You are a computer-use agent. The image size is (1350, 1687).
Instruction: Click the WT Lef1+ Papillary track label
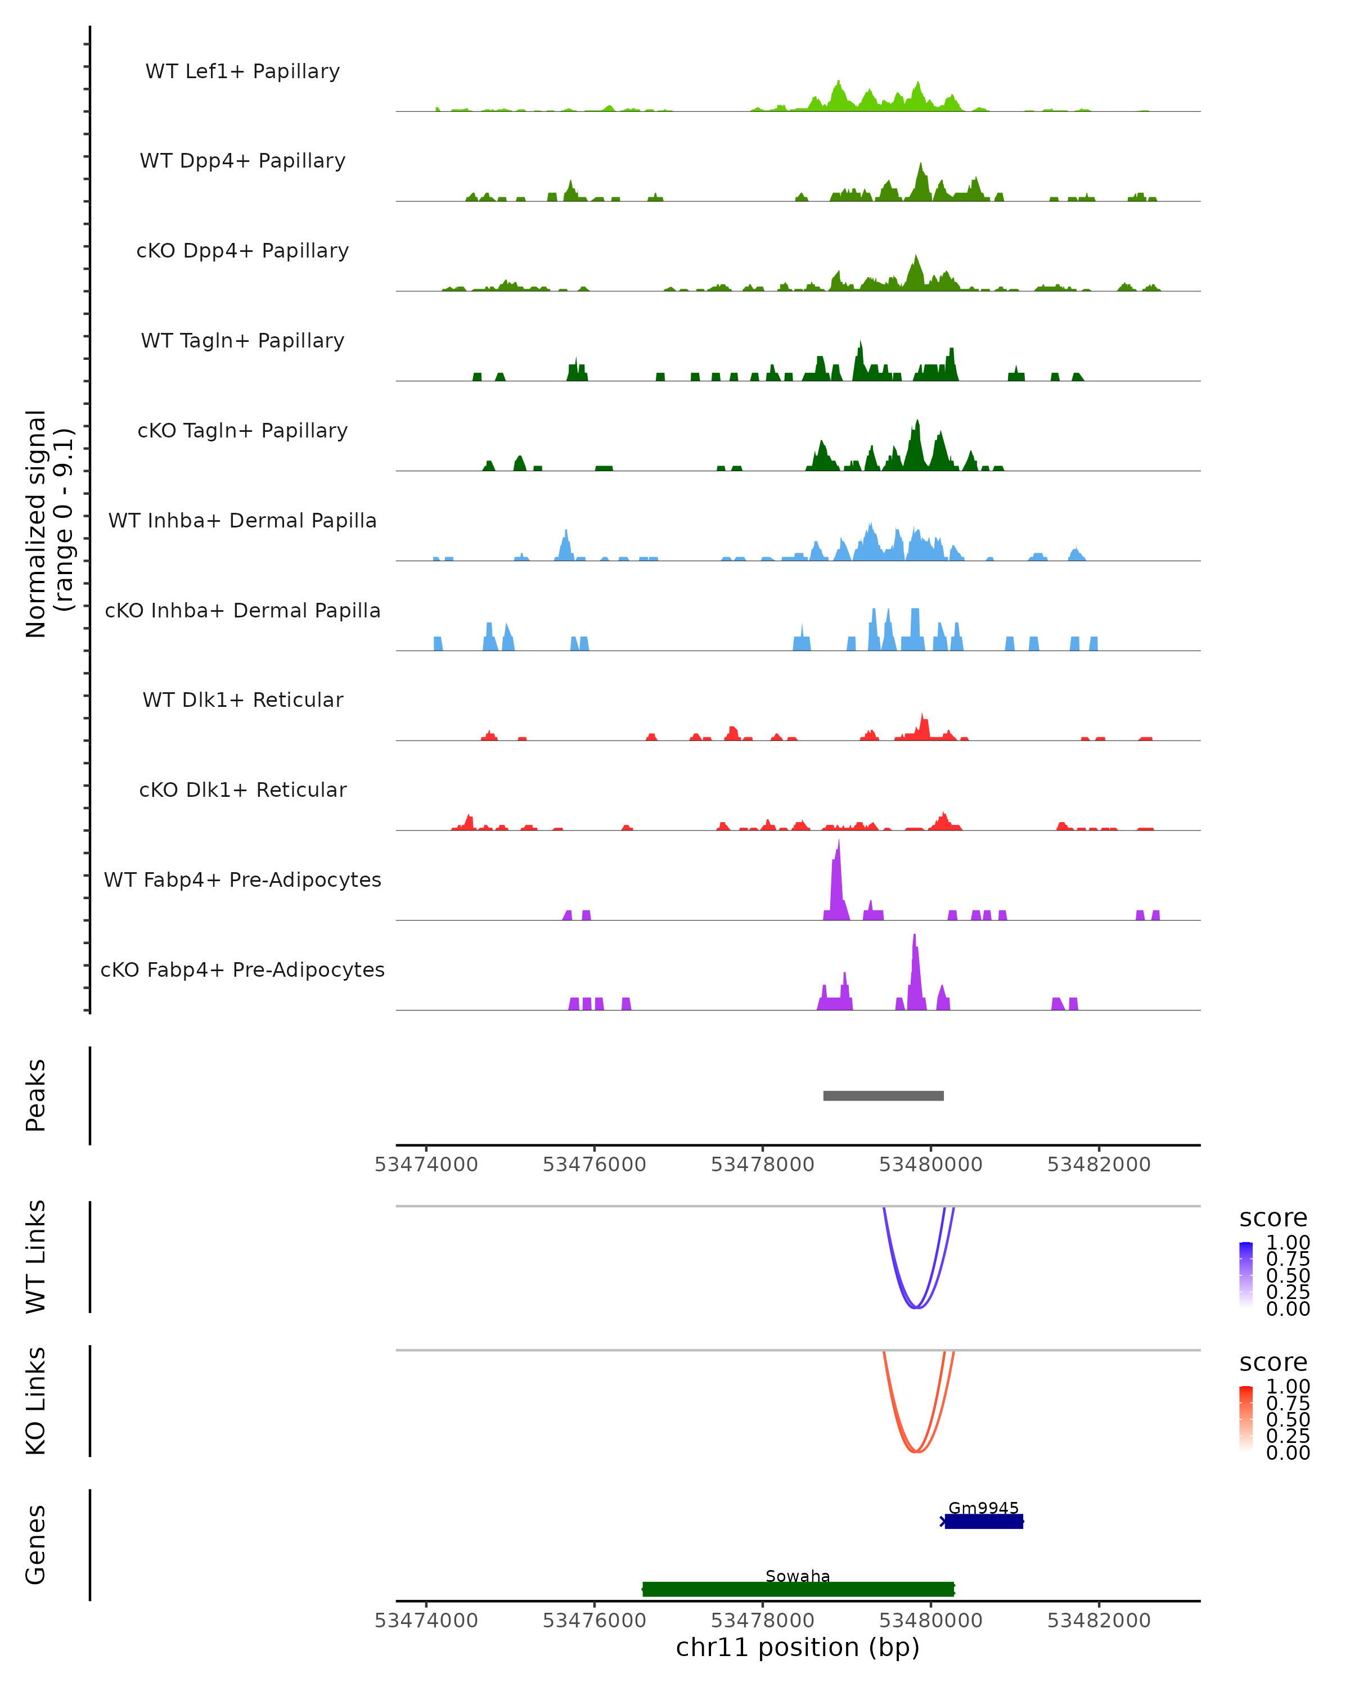click(x=242, y=71)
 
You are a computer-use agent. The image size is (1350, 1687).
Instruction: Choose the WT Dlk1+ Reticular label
click(x=242, y=700)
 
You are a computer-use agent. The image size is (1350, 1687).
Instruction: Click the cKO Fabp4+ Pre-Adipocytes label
click(x=242, y=969)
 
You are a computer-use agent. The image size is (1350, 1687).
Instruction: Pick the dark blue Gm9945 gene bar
click(x=984, y=1522)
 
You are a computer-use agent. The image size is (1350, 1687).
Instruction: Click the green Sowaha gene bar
click(x=798, y=1589)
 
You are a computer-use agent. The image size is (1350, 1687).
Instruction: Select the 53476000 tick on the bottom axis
click(x=594, y=1621)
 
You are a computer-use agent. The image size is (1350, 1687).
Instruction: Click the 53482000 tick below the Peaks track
click(x=1099, y=1165)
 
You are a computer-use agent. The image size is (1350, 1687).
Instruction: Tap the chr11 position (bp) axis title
click(x=798, y=1648)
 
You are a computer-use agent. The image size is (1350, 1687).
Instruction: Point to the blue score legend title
click(x=1272, y=1219)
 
